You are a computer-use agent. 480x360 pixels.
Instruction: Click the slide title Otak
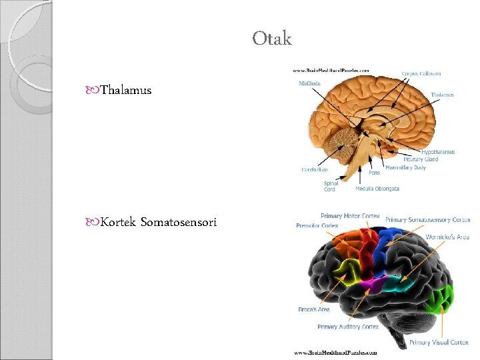point(272,39)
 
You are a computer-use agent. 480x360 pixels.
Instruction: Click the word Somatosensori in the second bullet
point(179,221)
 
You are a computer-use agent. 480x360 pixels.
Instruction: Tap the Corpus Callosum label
point(421,73)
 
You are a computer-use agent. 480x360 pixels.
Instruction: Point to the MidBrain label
point(309,84)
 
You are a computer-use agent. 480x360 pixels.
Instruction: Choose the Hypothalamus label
point(438,152)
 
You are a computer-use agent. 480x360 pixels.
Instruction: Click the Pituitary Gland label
point(421,159)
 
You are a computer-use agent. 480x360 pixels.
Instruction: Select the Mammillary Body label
point(405,167)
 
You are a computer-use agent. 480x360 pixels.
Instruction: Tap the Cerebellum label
point(315,169)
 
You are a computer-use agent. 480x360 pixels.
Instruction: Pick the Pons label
point(374,173)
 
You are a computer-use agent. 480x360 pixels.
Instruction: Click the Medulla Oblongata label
point(377,189)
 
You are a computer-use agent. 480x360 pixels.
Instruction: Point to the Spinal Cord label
point(330,186)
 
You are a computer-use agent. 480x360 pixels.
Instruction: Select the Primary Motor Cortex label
point(350,216)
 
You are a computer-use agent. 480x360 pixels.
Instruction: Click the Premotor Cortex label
point(317,225)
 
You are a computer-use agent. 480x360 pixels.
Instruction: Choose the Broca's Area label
point(313,309)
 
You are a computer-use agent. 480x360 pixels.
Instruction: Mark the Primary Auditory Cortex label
point(348,327)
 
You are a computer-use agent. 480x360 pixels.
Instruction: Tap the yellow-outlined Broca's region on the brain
point(345,273)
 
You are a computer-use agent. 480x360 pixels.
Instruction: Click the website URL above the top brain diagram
point(331,69)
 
